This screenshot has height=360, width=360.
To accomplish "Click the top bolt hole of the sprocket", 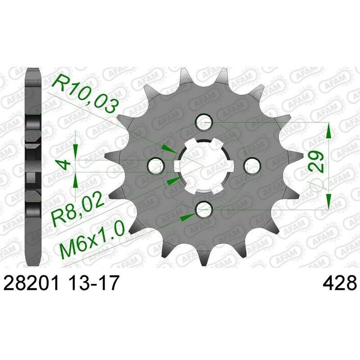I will [204, 121].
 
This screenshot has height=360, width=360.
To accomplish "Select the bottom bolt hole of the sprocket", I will [204, 208].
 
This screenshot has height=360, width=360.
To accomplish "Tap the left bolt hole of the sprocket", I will [156, 165].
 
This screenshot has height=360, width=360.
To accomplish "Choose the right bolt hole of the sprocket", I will [252, 165].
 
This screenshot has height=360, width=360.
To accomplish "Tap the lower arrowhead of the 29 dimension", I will [329, 198].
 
